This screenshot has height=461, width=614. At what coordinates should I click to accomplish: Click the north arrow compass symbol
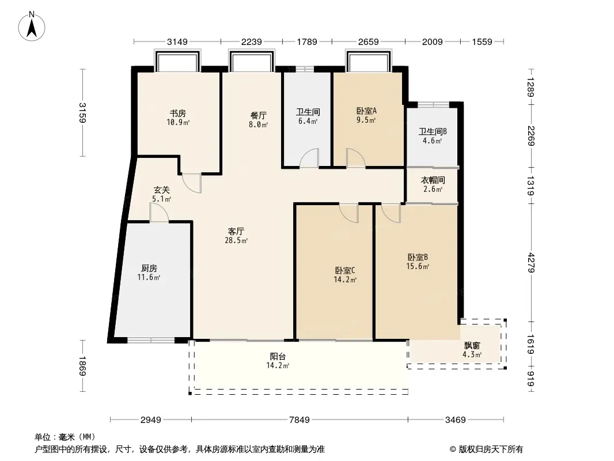point(32,27)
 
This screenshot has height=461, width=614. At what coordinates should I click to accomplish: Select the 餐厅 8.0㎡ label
point(259,120)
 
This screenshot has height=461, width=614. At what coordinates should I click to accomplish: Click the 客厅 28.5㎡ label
point(236,236)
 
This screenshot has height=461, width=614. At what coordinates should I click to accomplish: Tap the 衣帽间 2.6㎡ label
point(433,184)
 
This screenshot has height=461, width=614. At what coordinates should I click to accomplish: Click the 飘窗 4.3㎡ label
point(472,350)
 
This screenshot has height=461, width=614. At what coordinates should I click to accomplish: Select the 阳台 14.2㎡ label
point(278,361)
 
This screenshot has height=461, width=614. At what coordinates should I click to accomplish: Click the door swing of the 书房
point(191,183)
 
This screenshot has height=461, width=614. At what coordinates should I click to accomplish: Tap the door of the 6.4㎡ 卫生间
point(309,158)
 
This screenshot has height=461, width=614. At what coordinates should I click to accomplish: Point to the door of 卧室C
point(349,213)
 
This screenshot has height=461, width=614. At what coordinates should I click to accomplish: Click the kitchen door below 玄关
point(160,213)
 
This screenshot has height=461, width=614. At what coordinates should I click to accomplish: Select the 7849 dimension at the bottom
point(300,420)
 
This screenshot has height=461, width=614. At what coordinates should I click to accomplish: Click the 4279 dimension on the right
point(531,262)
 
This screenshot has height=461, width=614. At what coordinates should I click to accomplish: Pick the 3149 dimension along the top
point(177,41)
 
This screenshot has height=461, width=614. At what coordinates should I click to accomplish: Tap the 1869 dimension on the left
point(82,366)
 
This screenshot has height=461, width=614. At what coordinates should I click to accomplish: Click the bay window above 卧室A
point(369,61)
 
